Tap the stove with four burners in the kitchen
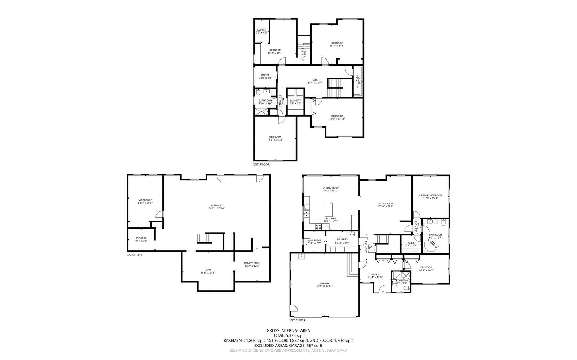(x=319, y=227)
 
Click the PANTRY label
(x=342, y=239)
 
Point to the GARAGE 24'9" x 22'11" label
(x=325, y=284)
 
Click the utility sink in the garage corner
(x=300, y=256)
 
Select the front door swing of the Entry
(x=383, y=288)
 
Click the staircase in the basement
(x=203, y=238)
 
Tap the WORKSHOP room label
(x=145, y=201)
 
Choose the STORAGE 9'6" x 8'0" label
(x=141, y=239)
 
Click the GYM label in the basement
(x=208, y=271)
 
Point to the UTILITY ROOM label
(x=252, y=264)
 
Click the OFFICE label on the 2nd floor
(x=265, y=76)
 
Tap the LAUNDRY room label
(x=295, y=102)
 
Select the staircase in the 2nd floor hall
(x=339, y=88)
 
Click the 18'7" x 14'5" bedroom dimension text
(x=337, y=46)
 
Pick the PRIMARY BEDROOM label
(x=430, y=196)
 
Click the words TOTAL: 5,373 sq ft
(x=288, y=335)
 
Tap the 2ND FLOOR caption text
(x=261, y=164)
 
